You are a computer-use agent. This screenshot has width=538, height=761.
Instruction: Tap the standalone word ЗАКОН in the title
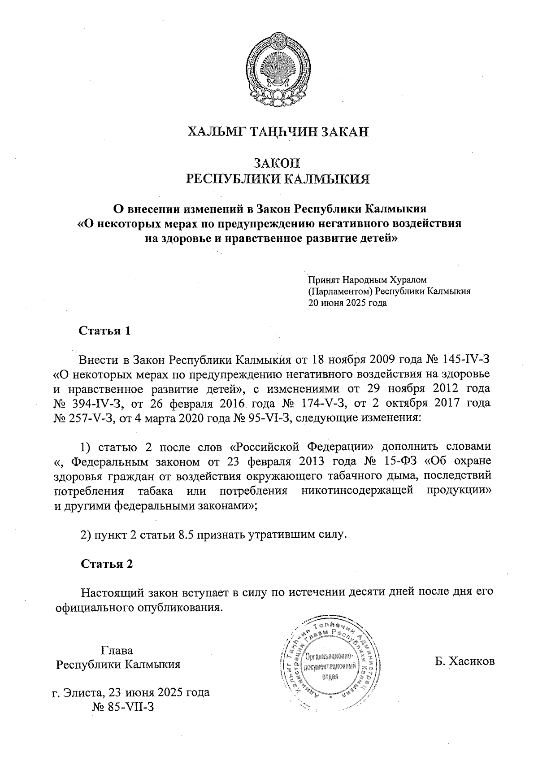pos(278,163)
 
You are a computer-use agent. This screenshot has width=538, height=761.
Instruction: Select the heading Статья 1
pos(105,331)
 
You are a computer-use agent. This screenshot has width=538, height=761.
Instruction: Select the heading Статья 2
pos(107,564)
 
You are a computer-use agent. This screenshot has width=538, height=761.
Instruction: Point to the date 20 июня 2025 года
pos(347,302)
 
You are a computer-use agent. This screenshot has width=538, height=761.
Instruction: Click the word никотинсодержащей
pos(357,490)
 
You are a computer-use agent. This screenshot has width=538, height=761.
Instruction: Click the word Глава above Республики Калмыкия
pos(117,650)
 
